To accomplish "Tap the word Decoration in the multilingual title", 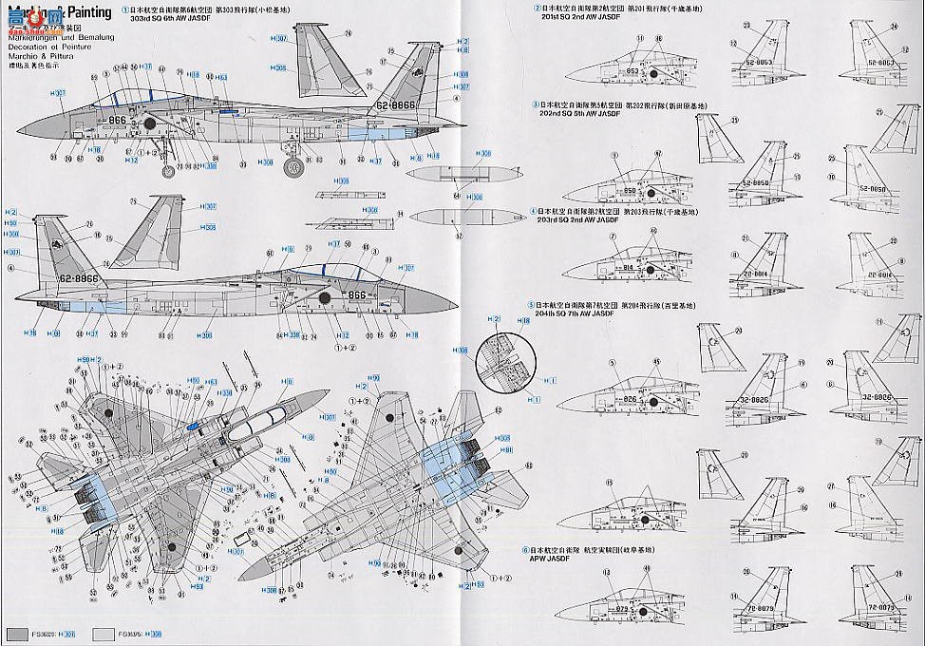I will tap(27, 44).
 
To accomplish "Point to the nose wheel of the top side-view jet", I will tap(171, 170).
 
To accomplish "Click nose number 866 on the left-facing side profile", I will tap(356, 294).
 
